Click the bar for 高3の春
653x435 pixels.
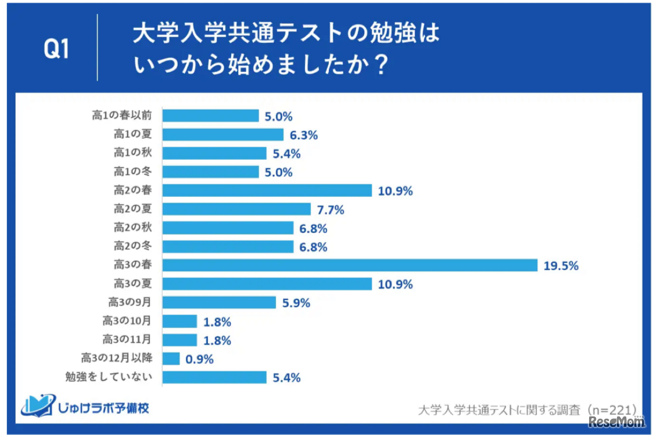[350, 265]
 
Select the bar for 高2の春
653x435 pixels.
[267, 190]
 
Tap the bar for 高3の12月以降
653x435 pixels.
[171, 358]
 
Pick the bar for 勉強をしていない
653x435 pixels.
[214, 378]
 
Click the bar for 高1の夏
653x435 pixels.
[223, 135]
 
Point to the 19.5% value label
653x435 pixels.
[561, 266]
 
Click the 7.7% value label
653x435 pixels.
[329, 210]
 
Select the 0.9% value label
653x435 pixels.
[199, 359]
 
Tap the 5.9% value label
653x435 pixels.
[295, 303]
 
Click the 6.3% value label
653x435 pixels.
[303, 135]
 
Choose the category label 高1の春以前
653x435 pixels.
[122, 116]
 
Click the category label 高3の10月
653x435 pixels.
[127, 321]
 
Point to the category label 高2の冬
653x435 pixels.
[132, 247]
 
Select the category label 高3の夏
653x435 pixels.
[132, 284]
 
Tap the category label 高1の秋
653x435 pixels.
[132, 153]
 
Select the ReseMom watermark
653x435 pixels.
[616, 422]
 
